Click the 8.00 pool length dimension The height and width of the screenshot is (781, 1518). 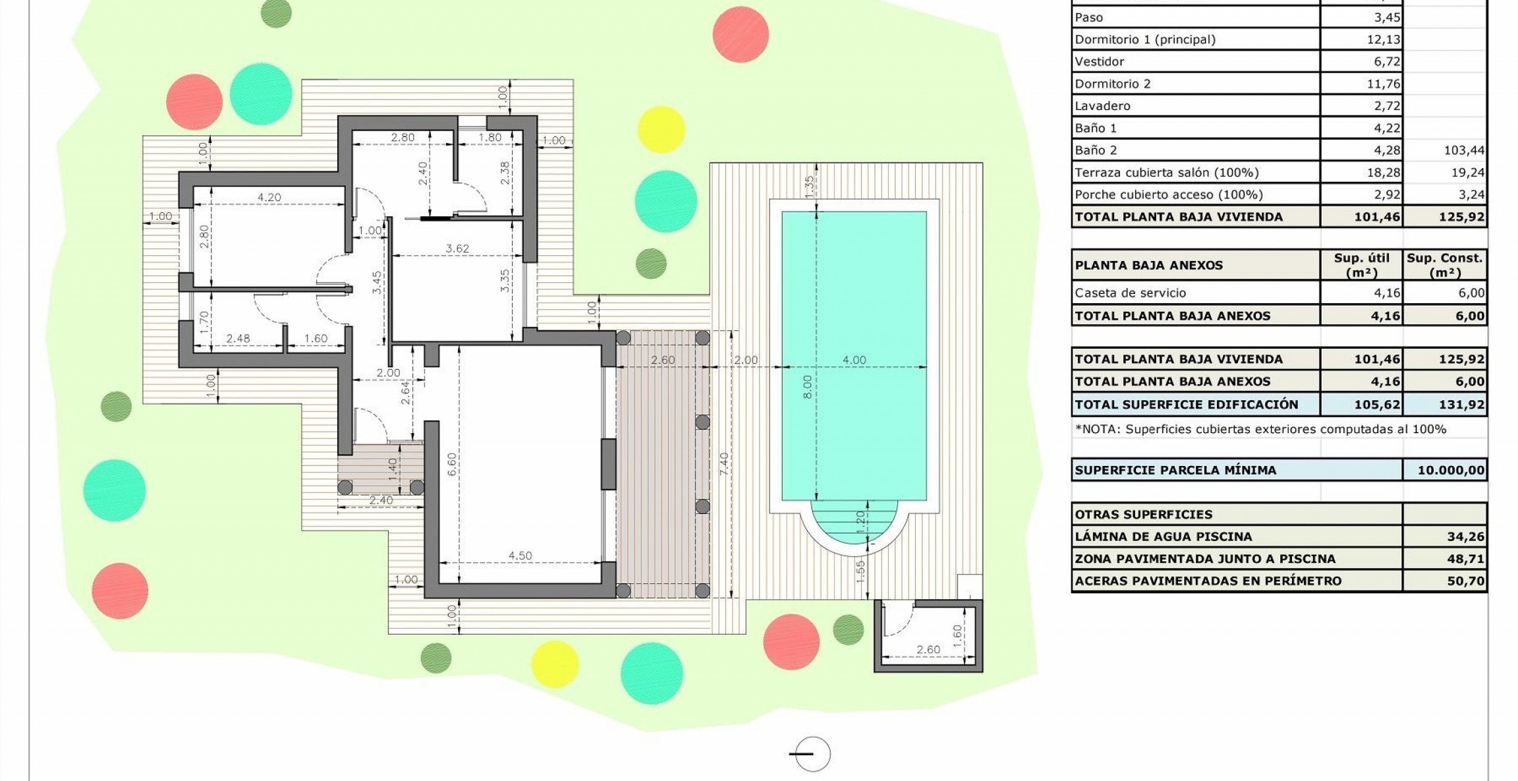pos(808,387)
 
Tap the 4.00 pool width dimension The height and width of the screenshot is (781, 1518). pos(854,360)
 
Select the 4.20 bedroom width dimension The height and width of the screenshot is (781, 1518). pos(269,197)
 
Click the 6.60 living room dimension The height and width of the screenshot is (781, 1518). pos(452,465)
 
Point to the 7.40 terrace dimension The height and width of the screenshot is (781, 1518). pos(724,464)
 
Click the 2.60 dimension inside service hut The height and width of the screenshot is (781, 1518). pos(928,650)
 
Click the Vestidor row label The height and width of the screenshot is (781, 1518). pos(1100,61)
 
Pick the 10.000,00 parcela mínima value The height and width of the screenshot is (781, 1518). pos(1451,470)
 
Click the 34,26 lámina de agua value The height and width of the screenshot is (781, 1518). pos(1465,536)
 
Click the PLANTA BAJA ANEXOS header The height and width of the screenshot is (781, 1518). pos(1149,265)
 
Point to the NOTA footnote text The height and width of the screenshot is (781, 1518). pos(1260,429)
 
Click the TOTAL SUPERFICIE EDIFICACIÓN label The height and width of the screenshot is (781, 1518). pos(1187,404)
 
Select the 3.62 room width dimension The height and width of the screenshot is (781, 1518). pos(457,248)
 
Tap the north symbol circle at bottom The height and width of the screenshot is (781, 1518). pos(812,754)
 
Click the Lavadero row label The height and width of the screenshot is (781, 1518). pos(1102,105)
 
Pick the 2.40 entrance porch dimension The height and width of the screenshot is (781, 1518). pos(381,500)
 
